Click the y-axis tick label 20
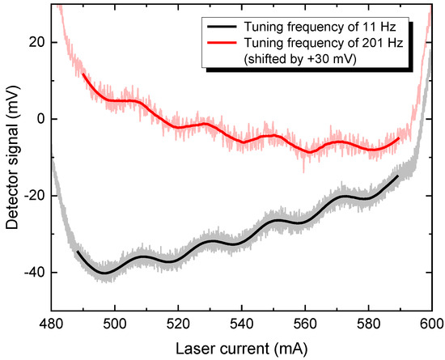(x=36, y=42)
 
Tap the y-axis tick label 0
(x=40, y=119)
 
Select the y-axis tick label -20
(x=33, y=196)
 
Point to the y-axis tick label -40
(x=33, y=273)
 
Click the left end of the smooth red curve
(x=83, y=74)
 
